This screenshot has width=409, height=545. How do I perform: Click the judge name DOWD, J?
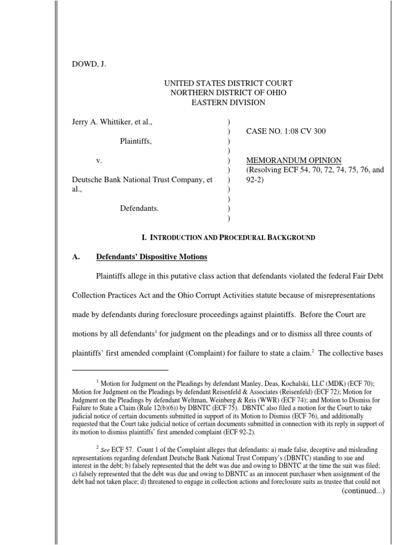click(89, 64)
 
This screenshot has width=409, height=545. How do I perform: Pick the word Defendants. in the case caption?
click(139, 208)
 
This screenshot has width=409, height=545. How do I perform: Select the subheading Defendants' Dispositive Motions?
click(151, 257)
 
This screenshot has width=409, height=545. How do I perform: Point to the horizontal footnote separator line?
click(120, 369)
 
